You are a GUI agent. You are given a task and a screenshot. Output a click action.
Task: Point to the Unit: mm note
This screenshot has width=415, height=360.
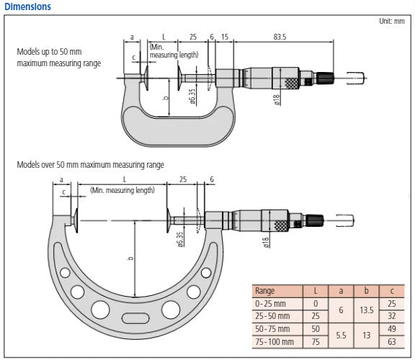click(x=392, y=21)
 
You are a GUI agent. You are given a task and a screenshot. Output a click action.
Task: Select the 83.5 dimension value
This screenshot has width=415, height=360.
click(x=280, y=36)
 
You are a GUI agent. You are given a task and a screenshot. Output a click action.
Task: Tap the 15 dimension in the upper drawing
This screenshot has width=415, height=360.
click(x=225, y=36)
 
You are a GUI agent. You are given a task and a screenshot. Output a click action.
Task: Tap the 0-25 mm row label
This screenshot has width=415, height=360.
click(x=272, y=303)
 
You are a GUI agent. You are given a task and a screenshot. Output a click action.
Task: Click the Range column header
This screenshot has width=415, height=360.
click(x=265, y=290)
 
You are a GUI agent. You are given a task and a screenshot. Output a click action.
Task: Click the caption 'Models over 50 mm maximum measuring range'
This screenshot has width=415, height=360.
click(x=90, y=165)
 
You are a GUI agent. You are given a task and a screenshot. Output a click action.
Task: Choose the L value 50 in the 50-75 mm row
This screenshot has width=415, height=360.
click(x=315, y=329)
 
